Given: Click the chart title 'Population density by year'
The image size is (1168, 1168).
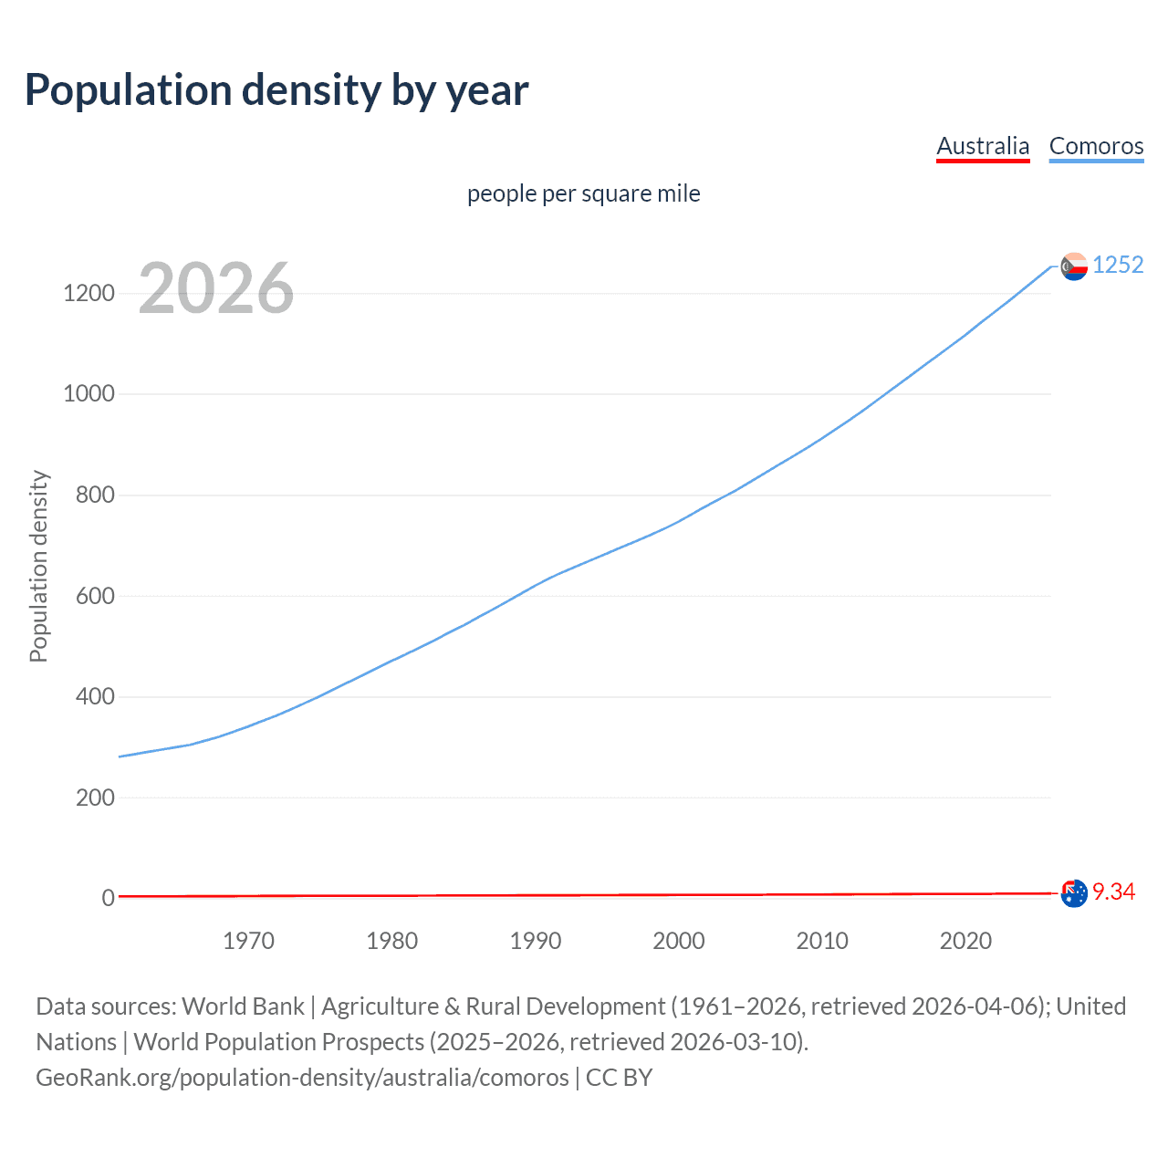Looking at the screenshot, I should coord(276,90).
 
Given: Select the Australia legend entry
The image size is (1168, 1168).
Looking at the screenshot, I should coord(983,146).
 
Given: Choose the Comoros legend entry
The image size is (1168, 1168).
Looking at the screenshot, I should coord(1096,146).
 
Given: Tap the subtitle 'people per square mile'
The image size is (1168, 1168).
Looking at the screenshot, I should coord(583,193).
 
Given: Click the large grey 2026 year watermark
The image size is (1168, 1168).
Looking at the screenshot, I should coord(216,288).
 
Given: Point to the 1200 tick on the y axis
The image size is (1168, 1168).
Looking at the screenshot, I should coord(89,293).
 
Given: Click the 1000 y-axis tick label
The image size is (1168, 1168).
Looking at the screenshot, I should coord(89,394).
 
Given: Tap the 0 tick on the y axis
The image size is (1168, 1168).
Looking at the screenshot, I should coord(109,898).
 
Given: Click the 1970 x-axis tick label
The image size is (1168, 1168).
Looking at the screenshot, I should coord(248,941).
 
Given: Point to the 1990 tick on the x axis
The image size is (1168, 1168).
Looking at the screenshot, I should coord(536,941).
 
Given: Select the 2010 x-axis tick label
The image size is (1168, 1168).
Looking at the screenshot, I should coord(822,941).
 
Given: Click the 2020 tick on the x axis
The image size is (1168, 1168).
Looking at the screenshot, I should coord(965,941).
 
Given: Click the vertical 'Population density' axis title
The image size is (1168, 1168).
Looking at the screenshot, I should coord(38,566).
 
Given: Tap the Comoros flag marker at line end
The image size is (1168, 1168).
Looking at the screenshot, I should coord(1074,266).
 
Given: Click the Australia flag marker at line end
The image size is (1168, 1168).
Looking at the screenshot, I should coord(1074,893).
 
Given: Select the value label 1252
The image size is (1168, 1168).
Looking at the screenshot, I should coord(1118,265).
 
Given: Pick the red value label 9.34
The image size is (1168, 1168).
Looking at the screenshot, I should coord(1113,892).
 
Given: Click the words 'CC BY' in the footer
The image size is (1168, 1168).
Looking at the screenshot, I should coord(619,1078).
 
